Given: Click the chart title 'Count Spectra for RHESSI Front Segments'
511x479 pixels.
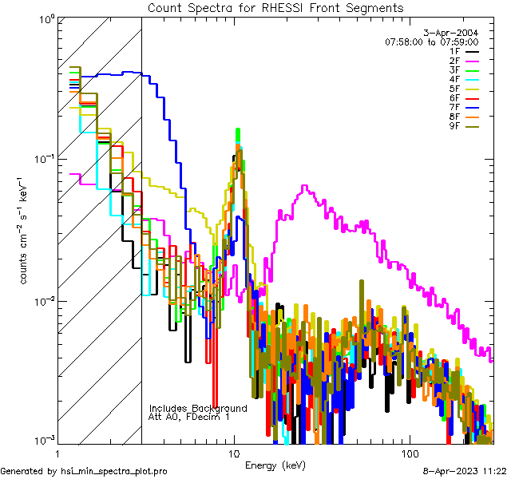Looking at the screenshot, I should coord(276,7).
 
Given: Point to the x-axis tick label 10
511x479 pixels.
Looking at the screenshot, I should coord(234,453).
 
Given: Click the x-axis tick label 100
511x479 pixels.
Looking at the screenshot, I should coord(409,453).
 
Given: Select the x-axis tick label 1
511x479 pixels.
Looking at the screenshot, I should coord(58,453).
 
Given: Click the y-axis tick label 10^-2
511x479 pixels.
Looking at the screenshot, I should coord(42,301).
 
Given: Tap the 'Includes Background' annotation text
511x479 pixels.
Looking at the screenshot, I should coord(198,408).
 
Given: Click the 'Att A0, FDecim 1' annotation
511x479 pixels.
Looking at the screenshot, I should coord(188,417).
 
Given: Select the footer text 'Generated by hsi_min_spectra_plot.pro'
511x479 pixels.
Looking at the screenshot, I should coord(84,472).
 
